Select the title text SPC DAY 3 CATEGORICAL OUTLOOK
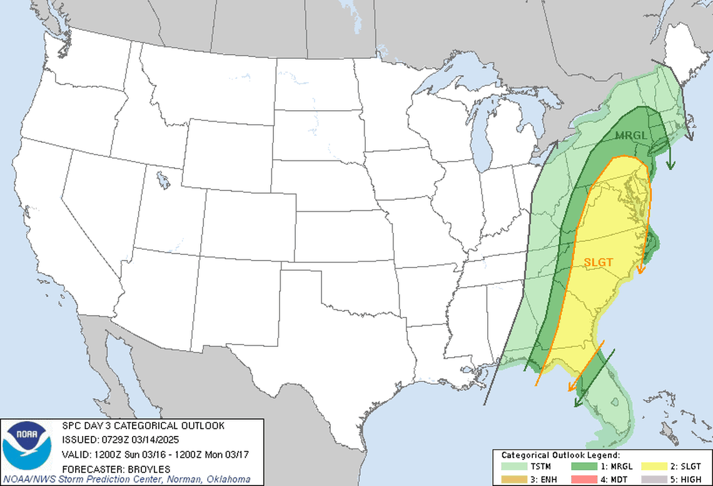(143, 426)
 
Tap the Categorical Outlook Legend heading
(560, 455)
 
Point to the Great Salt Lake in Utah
(163, 182)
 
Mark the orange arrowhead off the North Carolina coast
(640, 270)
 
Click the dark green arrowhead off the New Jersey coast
(670, 165)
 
